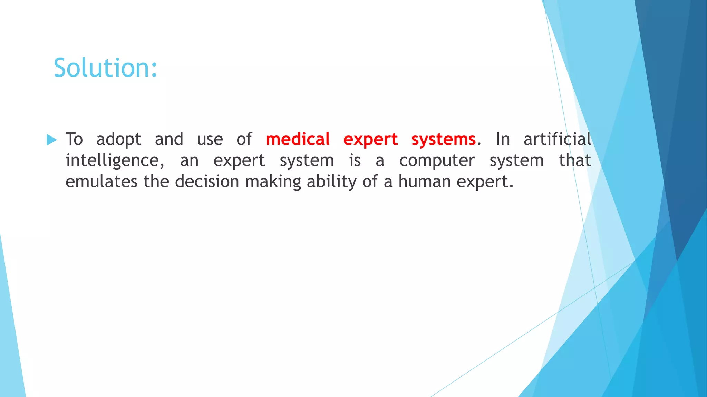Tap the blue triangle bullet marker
point(51,140)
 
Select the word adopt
point(118,140)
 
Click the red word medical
point(298,139)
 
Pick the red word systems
point(443,140)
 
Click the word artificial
point(557,139)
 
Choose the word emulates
point(101,182)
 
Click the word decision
point(207,182)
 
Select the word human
point(424,182)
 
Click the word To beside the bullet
point(74,139)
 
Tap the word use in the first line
point(210,140)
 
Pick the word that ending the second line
point(575,161)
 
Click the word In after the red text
point(503,139)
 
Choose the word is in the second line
point(355,161)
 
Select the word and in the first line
point(169,139)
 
